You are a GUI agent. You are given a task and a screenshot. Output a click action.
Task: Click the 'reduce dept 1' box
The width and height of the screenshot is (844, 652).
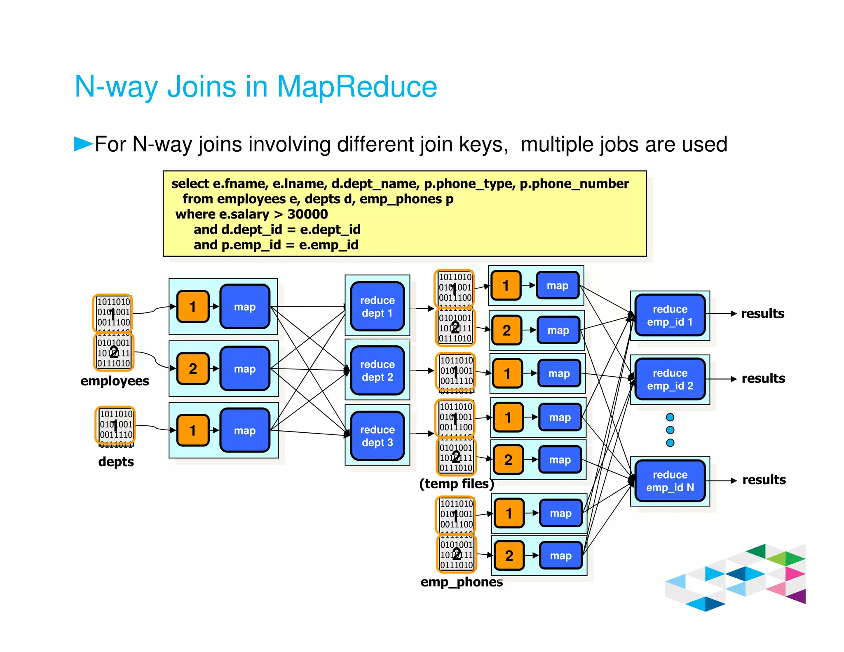(x=377, y=306)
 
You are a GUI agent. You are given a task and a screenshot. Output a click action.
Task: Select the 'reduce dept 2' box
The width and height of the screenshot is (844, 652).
(x=377, y=371)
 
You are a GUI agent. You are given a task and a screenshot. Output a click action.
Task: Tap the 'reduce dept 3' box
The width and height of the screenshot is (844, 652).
(x=377, y=436)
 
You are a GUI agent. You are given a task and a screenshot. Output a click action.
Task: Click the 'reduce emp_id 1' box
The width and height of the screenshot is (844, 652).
(x=670, y=315)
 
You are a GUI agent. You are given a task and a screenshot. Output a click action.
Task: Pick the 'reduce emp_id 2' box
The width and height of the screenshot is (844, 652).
(x=670, y=379)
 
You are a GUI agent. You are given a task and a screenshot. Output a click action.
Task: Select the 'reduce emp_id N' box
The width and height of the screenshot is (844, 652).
(x=670, y=481)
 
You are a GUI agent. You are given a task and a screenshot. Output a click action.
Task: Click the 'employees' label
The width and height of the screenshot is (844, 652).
(x=115, y=381)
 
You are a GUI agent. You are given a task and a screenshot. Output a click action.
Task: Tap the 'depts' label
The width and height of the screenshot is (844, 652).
(x=116, y=462)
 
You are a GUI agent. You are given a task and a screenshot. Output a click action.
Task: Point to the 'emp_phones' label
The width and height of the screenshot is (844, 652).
(x=461, y=582)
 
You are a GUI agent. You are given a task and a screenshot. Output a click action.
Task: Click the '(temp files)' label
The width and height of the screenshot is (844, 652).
(x=456, y=483)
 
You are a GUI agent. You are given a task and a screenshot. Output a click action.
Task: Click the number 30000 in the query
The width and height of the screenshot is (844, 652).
(x=307, y=214)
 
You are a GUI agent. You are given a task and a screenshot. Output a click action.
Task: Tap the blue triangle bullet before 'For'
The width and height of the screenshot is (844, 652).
(x=83, y=144)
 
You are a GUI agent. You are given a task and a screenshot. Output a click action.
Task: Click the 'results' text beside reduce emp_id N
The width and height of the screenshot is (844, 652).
(x=764, y=480)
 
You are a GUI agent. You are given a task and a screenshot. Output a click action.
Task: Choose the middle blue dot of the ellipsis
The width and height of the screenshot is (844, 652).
(x=670, y=430)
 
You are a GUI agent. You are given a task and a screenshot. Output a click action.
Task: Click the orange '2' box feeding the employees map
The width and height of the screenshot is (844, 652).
(x=193, y=368)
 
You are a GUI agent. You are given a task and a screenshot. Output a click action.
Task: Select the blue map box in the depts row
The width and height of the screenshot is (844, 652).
(x=245, y=430)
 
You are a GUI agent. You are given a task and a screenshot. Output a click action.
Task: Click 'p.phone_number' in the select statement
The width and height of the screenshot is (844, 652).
(x=574, y=183)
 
